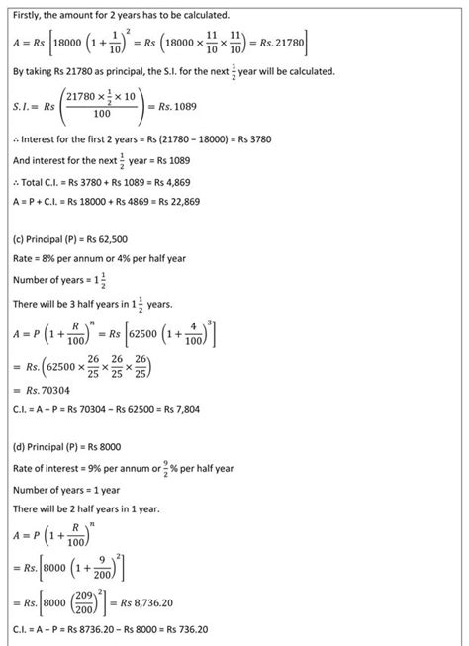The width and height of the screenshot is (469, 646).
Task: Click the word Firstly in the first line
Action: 27,16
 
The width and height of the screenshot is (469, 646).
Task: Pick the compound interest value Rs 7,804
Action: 209,410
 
